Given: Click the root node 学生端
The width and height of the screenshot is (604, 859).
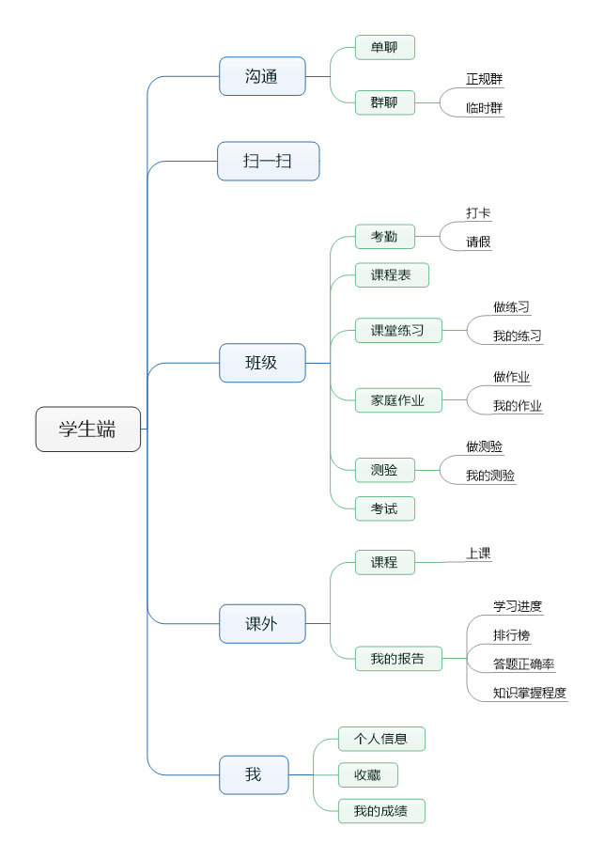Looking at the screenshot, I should (x=88, y=429).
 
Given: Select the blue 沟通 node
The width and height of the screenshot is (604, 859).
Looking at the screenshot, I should (x=262, y=76).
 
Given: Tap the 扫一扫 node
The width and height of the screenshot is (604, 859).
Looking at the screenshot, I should (x=268, y=161).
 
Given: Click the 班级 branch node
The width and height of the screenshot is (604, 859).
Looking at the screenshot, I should (x=262, y=363).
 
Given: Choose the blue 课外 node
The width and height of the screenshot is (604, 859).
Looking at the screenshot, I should (x=262, y=623).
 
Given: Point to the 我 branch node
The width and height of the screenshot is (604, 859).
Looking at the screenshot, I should (x=254, y=774).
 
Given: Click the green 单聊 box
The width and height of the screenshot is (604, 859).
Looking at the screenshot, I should (x=384, y=48).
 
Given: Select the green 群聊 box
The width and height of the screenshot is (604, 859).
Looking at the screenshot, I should (x=384, y=102).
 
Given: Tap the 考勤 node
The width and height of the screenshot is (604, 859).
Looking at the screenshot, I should (x=384, y=237).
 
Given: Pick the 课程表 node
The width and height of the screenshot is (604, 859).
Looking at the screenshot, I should (x=391, y=275).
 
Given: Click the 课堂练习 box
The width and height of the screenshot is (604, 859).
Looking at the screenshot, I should (x=398, y=331).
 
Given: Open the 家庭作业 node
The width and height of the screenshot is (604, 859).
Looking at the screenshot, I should (x=398, y=400).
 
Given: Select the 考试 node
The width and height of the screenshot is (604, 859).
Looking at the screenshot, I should (x=384, y=508).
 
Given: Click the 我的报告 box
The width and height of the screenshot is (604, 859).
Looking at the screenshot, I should (x=398, y=659).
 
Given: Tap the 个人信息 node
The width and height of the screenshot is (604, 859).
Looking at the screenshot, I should (x=381, y=739).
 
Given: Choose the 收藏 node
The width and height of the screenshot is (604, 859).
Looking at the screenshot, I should (x=367, y=774).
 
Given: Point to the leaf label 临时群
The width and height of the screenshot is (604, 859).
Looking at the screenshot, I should (x=484, y=108).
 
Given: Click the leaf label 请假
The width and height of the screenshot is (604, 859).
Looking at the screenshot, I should (x=478, y=242).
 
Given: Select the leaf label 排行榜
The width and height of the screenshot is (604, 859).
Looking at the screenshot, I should (x=512, y=635).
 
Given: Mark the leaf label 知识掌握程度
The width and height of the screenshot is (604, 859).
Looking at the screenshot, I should (x=530, y=694).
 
